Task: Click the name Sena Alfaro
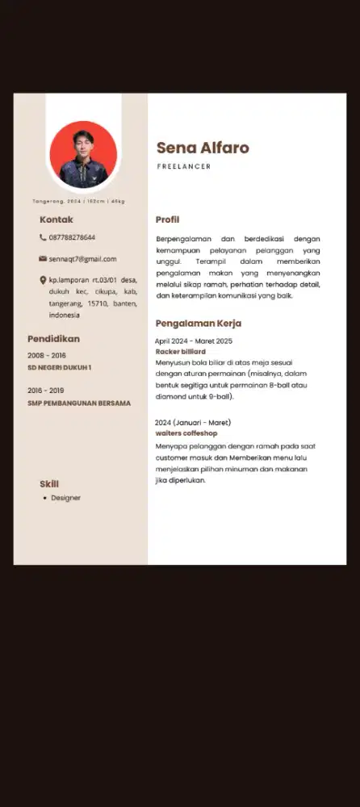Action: tap(203, 148)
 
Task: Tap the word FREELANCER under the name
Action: tap(183, 166)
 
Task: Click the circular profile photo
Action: tap(83, 155)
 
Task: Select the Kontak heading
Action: tap(57, 220)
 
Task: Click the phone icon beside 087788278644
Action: tap(43, 237)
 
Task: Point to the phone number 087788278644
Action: tap(72, 237)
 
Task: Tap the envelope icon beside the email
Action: tap(43, 259)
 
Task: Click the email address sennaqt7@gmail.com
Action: tap(82, 259)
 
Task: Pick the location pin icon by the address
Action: tap(43, 280)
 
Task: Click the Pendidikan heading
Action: tap(53, 339)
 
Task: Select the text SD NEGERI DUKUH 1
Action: tap(60, 368)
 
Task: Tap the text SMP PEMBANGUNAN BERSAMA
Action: tap(79, 403)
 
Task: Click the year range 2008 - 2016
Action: tap(47, 356)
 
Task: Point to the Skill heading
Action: tap(49, 483)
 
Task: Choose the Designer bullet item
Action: tap(65, 498)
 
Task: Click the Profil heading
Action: tap(167, 220)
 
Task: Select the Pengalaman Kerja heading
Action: tap(199, 324)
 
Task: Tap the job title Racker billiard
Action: tap(181, 352)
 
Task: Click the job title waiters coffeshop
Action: tap(186, 433)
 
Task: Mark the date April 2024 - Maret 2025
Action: tap(194, 341)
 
